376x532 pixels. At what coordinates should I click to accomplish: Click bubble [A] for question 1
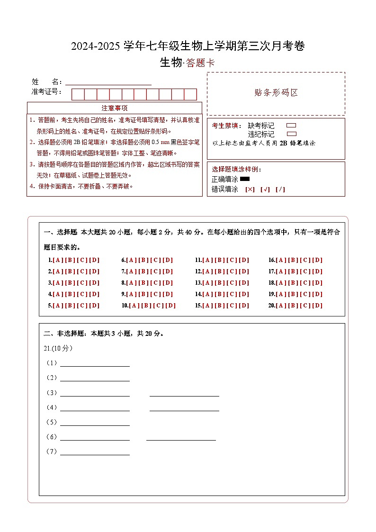[58, 260]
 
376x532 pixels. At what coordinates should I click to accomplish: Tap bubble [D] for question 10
[170, 306]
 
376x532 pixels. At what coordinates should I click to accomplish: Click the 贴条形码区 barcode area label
[276, 93]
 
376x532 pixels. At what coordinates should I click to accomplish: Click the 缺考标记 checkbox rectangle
[292, 126]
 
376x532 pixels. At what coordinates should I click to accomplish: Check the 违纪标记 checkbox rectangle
[292, 134]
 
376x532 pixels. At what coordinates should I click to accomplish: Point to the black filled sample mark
[245, 179]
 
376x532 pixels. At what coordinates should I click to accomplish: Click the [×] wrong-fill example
[250, 189]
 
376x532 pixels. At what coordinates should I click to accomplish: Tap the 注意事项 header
[115, 108]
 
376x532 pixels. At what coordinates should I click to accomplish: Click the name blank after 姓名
[108, 81]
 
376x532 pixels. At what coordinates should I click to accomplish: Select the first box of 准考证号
[78, 94]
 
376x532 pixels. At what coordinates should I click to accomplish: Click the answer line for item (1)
[95, 363]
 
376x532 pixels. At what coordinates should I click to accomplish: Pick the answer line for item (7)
[95, 452]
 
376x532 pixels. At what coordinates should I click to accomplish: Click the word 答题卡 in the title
[200, 63]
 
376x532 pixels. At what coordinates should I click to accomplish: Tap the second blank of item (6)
[181, 437]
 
